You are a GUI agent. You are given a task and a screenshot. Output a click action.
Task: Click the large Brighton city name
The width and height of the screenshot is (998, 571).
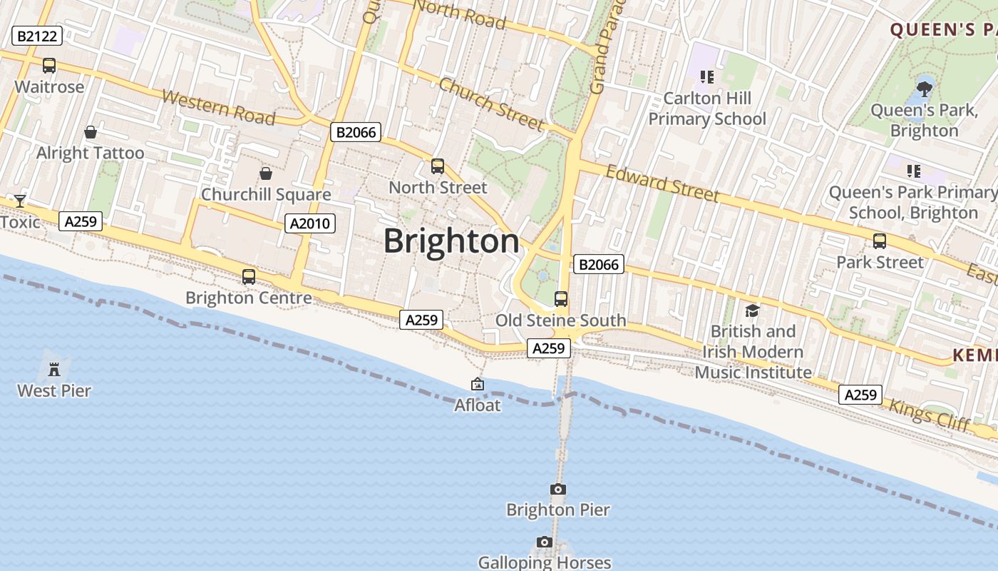coord(452,241)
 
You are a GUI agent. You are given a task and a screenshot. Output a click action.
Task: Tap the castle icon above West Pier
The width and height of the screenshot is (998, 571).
coord(54,370)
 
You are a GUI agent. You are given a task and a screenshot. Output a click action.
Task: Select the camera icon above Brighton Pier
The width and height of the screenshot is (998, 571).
coord(558,489)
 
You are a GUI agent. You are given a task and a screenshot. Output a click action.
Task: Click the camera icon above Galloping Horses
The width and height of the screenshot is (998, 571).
coord(545,542)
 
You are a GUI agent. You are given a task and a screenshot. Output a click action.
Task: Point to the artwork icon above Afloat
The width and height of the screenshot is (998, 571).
coord(478,385)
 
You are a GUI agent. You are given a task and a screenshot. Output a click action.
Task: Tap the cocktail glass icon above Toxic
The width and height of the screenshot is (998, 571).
coord(19,201)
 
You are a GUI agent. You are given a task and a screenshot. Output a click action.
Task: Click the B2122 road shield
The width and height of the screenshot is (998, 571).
coord(37,36)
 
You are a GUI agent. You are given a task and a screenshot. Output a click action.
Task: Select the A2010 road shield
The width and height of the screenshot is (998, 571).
coord(310,223)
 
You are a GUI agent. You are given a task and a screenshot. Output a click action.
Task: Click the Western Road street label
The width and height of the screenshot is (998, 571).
coord(218,108)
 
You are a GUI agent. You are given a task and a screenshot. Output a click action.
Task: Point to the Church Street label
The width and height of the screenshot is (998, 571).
coord(491,104)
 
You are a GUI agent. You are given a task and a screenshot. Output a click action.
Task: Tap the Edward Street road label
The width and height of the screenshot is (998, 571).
coord(662,183)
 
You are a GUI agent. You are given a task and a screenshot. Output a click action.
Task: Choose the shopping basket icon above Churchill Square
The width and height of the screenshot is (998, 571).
coord(266,173)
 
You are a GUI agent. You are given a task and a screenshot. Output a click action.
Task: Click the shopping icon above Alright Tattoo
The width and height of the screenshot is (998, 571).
coord(91,132)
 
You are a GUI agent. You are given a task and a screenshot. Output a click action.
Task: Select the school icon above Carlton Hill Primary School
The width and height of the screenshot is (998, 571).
coord(706,76)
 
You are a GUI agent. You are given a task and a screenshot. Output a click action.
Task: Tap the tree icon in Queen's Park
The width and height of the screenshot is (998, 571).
coord(925,89)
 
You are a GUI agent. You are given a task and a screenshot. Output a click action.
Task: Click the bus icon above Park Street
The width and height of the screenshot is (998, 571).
coord(880,241)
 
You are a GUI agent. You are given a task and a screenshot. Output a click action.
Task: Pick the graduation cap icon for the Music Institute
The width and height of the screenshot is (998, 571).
coord(752,310)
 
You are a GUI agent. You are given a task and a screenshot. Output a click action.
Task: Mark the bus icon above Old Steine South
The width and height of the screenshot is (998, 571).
coord(561,299)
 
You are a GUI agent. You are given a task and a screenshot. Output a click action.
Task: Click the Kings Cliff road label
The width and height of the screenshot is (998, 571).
coord(930,415)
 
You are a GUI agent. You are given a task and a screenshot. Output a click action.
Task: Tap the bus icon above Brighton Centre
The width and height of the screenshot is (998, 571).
coord(248,277)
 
